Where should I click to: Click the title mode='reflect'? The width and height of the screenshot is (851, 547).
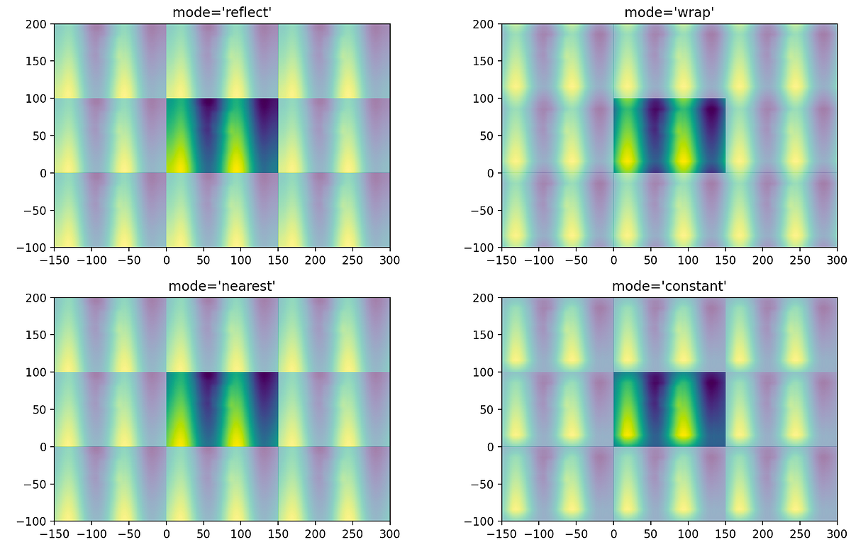click(221, 12)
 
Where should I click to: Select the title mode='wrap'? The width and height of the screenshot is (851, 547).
click(669, 12)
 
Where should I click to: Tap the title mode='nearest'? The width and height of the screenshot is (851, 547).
click(221, 286)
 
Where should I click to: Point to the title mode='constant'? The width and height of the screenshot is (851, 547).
click(669, 286)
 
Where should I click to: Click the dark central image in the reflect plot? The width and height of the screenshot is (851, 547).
click(222, 136)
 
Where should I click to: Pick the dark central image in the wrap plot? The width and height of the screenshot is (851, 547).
click(669, 136)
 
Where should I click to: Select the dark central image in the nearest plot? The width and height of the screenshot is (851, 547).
click(222, 409)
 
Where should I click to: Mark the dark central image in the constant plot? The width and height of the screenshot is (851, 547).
click(669, 409)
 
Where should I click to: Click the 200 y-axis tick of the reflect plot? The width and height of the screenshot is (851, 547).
click(37, 24)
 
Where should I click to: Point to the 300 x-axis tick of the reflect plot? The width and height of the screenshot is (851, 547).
click(390, 260)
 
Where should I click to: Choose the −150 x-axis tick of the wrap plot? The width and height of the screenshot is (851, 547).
click(501, 260)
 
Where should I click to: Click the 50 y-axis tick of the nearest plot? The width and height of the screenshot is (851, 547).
click(40, 409)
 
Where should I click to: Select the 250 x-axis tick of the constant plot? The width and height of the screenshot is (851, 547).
click(800, 534)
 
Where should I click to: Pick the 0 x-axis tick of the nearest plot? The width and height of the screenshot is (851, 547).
click(166, 534)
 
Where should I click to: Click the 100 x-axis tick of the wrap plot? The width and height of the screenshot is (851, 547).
click(688, 260)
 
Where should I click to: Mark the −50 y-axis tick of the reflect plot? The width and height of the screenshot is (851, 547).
click(37, 211)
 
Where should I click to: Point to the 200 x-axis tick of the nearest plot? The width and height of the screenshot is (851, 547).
click(316, 534)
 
